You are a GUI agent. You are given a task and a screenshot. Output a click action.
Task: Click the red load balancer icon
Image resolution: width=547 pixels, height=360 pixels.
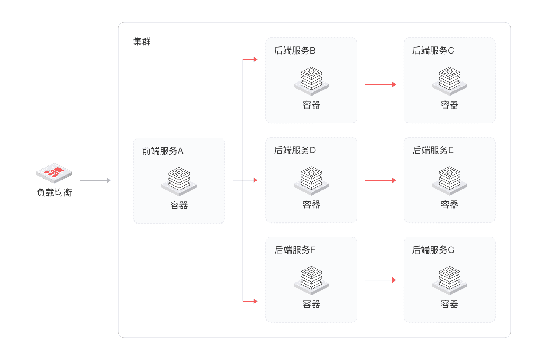(x=54, y=173)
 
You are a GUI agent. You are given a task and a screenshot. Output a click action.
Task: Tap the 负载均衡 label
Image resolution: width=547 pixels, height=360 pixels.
(x=54, y=192)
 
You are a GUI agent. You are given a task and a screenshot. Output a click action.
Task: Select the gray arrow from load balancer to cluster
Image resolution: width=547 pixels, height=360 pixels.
(x=95, y=180)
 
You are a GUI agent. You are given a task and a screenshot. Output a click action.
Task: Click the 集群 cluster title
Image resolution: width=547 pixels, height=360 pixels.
(x=142, y=42)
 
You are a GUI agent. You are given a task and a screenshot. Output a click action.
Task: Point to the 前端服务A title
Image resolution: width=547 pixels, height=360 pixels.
(x=163, y=151)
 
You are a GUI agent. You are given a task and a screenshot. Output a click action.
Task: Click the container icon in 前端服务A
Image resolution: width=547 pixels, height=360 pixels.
(x=179, y=181)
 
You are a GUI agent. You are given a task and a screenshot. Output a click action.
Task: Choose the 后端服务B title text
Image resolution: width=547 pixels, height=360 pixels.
(x=295, y=51)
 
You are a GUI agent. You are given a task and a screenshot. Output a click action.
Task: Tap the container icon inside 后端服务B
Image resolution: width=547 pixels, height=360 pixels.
(x=311, y=81)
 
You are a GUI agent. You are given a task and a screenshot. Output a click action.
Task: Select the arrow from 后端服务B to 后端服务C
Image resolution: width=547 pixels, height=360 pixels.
(x=380, y=84)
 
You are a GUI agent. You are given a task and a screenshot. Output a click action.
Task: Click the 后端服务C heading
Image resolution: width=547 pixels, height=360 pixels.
(x=433, y=51)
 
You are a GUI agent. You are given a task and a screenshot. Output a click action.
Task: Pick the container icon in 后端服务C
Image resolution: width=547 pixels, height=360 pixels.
(x=450, y=81)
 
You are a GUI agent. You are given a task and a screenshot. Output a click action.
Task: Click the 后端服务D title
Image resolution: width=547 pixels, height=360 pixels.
(x=295, y=150)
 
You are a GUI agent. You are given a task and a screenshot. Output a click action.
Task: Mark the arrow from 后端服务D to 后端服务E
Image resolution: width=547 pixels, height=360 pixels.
(x=380, y=180)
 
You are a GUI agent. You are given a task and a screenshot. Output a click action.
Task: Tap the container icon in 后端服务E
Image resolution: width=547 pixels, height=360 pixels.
(x=450, y=180)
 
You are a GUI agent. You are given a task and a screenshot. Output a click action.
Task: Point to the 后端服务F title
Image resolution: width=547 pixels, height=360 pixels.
(x=295, y=250)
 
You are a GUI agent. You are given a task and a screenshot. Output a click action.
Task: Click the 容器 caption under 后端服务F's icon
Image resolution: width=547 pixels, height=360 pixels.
(x=311, y=304)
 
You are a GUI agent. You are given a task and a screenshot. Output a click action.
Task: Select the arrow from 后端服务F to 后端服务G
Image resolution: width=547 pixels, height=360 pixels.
(x=380, y=280)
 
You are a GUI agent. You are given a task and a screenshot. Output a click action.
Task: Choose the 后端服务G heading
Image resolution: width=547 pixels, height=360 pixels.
(x=433, y=250)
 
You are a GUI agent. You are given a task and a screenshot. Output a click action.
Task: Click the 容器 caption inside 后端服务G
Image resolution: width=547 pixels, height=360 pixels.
(x=450, y=304)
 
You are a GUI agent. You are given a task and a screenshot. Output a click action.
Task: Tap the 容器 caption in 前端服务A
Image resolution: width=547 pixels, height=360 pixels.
(x=179, y=205)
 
